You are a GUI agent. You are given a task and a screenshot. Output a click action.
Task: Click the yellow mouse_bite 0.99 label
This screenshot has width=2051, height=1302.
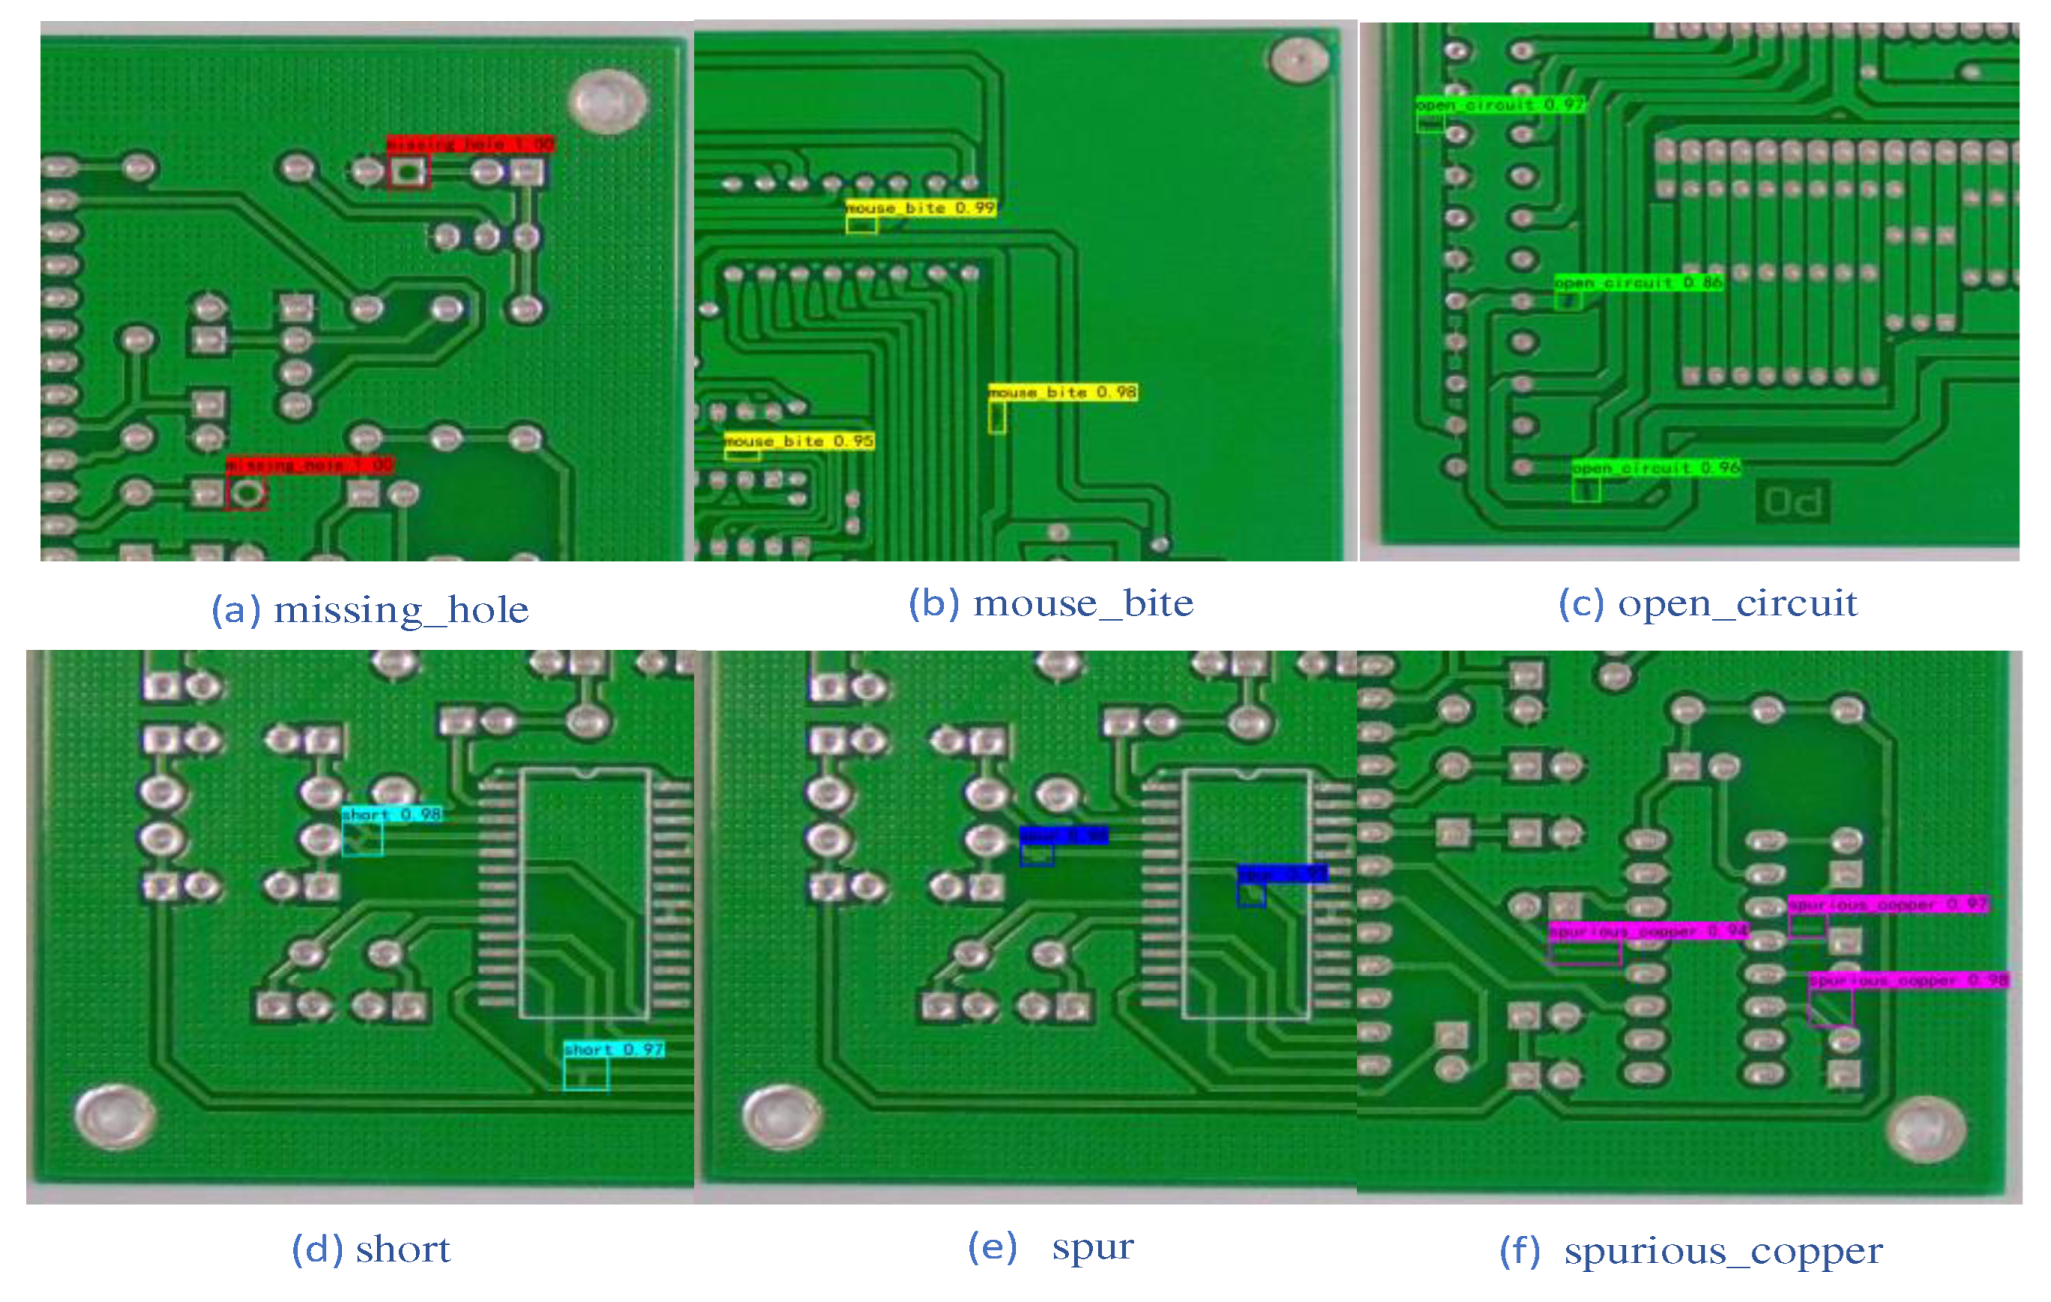click(920, 208)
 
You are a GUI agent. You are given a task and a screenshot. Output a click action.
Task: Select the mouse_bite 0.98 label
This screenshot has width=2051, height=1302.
click(1062, 392)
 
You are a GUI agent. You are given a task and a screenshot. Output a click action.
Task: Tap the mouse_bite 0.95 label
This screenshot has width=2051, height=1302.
click(799, 441)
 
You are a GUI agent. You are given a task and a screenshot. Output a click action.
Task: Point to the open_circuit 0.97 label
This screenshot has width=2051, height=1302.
click(1499, 104)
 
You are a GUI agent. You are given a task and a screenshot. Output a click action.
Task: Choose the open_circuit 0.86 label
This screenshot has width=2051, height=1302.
click(1638, 283)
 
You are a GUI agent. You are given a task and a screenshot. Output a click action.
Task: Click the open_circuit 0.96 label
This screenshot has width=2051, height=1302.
click(1656, 467)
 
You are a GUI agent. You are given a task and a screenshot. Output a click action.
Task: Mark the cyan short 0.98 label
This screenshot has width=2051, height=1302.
click(391, 814)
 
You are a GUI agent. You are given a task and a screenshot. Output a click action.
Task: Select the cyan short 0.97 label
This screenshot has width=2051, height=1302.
click(613, 1049)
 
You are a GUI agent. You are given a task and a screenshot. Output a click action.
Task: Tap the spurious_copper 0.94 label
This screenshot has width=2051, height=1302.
click(1648, 931)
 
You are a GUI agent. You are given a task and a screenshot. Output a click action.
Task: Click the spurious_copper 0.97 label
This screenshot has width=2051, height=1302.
click(1887, 904)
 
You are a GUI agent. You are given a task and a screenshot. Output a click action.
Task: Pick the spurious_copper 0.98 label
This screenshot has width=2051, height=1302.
click(1908, 980)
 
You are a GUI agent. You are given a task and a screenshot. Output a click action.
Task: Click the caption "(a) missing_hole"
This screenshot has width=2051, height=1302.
click(369, 609)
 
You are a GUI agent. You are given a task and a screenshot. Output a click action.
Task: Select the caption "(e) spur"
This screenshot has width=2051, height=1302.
click(1050, 1247)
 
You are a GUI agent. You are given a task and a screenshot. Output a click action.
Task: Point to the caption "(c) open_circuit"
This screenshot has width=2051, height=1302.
click(1708, 603)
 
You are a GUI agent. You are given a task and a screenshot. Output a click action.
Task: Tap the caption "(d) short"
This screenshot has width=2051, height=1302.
click(370, 1249)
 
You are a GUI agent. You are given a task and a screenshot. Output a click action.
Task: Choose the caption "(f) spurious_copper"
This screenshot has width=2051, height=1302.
click(1691, 1251)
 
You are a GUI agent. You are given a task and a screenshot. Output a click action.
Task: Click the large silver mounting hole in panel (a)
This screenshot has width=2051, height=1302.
click(607, 101)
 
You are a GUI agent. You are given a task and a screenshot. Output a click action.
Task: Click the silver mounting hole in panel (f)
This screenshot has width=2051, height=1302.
click(1926, 1129)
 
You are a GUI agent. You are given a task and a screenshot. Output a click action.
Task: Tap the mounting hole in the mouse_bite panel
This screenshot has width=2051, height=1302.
click(1297, 60)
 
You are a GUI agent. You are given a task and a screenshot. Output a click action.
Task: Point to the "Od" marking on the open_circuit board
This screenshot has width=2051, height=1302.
click(1793, 502)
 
